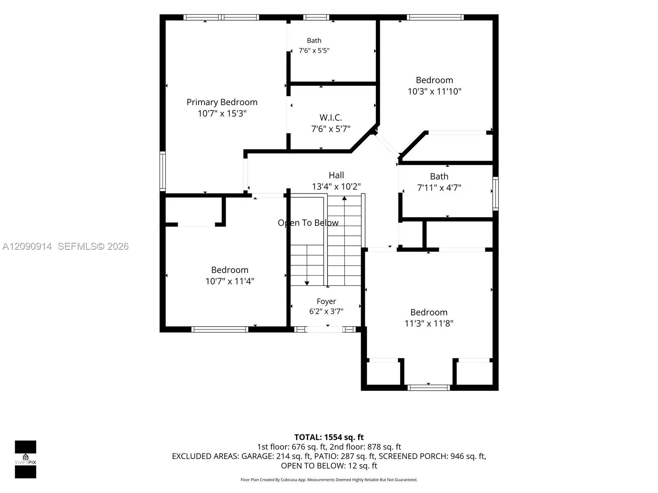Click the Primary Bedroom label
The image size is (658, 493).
click(222, 102)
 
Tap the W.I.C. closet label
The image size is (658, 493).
click(331, 117)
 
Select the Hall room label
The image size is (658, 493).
click(336, 175)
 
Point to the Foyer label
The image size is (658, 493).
click(326, 301)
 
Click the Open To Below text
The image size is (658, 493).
click(308, 223)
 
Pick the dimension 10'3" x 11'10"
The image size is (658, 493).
click(434, 91)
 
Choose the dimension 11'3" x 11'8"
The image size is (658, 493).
click(429, 323)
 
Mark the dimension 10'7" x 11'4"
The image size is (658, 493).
click(229, 281)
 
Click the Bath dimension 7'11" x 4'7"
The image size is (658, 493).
click(439, 188)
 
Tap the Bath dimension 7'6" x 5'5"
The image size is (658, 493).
click(314, 50)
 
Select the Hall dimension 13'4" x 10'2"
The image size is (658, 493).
click(336, 187)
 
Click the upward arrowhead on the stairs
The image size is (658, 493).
click(345, 198)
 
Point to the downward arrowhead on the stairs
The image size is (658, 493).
click(307, 283)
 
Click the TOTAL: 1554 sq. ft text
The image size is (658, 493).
click(329, 437)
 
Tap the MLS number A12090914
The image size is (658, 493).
click(27, 246)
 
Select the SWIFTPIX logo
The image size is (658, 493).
click(25, 459)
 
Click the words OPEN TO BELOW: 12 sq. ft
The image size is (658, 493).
click(329, 466)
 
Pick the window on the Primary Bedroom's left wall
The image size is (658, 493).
click(162, 171)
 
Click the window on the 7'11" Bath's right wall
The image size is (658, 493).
click(496, 194)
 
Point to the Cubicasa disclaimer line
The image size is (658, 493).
click(329, 480)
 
